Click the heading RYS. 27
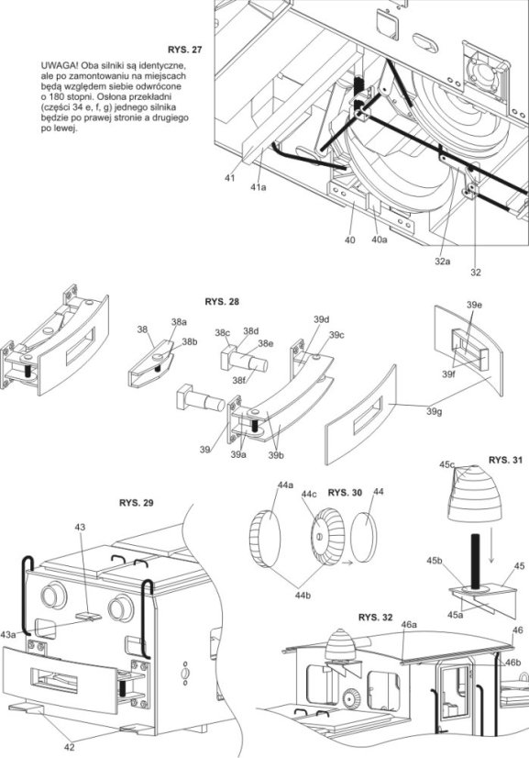pos(184,50)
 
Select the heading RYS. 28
pos(222,302)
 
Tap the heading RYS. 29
pos(137,503)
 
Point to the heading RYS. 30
pos(345,493)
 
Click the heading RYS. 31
pos(505,461)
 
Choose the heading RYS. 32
pos(375,618)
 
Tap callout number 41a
pos(258,187)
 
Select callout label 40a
pos(380,240)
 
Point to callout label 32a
pos(443,261)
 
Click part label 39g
pos(434,411)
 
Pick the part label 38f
pos(238,381)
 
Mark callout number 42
pos(70,747)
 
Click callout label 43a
pos(8,634)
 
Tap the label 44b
pos(303,596)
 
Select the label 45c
pos(447,464)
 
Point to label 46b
pos(512,663)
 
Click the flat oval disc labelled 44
pos(365,538)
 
